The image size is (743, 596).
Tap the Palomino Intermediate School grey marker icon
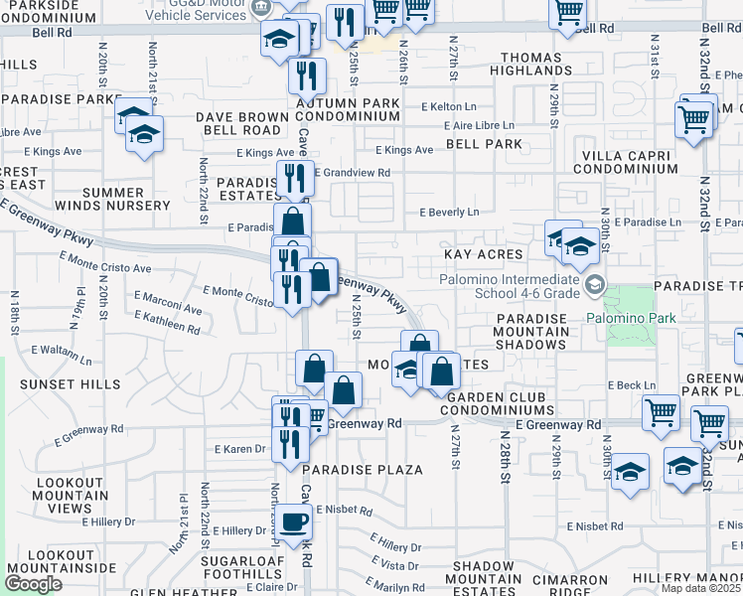click(594, 286)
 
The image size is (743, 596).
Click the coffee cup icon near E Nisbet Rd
click(293, 521)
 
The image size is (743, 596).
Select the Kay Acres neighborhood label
click(484, 255)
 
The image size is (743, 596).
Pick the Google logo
click(33, 584)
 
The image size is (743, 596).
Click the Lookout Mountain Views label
click(71, 495)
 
